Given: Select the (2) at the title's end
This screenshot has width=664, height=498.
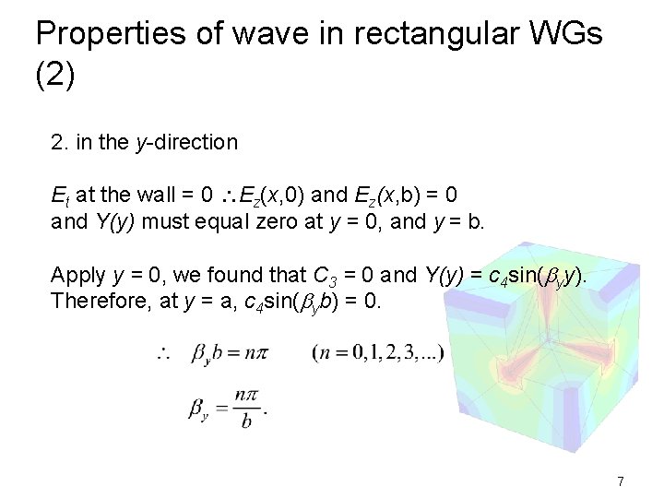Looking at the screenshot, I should coord(54,75).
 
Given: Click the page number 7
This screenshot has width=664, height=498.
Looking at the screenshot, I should coord(621,481).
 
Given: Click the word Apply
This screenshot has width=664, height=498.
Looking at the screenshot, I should coord(77,275).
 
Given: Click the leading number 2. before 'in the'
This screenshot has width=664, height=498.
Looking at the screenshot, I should coord(59,142).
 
